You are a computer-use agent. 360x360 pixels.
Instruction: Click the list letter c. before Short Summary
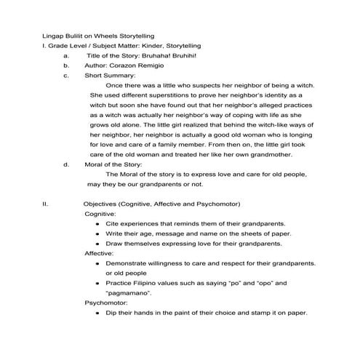(x=67, y=76)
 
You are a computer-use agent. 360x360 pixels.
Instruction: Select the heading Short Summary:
(x=111, y=76)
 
